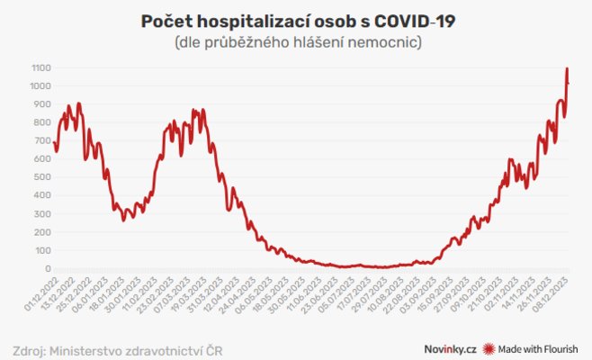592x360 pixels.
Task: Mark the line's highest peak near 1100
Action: pyautogui.click(x=567, y=69)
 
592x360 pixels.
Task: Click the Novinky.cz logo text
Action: pyautogui.click(x=452, y=347)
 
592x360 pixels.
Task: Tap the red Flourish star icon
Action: pyautogui.click(x=489, y=347)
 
